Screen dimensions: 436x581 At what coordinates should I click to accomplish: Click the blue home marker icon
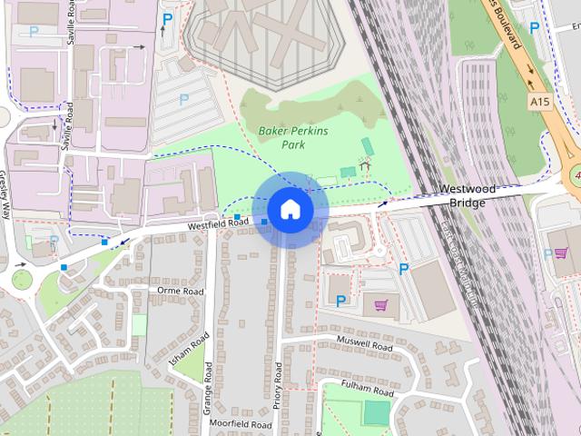pyautogui.click(x=290, y=210)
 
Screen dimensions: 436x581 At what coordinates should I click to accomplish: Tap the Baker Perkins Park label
pyautogui.click(x=293, y=138)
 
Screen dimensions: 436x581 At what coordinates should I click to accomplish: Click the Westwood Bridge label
pyautogui.click(x=468, y=195)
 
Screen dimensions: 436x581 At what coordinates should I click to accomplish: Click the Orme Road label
pyautogui.click(x=180, y=292)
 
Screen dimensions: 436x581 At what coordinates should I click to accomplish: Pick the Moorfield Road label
pyautogui.click(x=240, y=424)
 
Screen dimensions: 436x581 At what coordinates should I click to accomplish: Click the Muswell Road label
pyautogui.click(x=363, y=345)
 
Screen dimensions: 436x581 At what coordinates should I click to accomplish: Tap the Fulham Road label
pyautogui.click(x=368, y=388)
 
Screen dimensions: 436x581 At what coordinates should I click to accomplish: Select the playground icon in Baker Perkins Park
pyautogui.click(x=365, y=166)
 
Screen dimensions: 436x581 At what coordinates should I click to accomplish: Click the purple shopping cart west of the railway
pyautogui.click(x=381, y=305)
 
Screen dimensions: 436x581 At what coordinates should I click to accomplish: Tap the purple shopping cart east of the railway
pyautogui.click(x=561, y=253)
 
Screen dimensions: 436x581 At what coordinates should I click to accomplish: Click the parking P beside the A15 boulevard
pyautogui.click(x=534, y=28)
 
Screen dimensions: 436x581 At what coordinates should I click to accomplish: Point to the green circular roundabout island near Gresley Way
pyautogui.click(x=22, y=279)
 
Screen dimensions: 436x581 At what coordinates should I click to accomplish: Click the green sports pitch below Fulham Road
pyautogui.click(x=376, y=412)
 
